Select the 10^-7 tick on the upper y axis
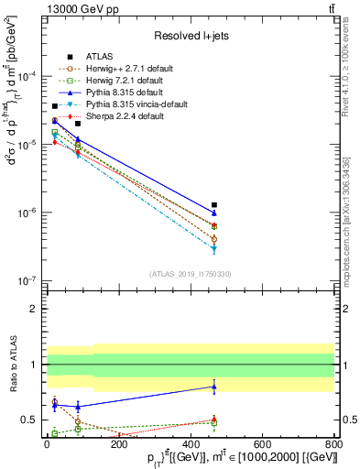pyautogui.click(x=28, y=281)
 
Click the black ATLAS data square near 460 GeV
pyautogui.click(x=213, y=205)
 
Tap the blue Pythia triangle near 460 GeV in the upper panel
pyautogui.click(x=213, y=213)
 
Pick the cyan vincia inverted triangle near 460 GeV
pyautogui.click(x=213, y=249)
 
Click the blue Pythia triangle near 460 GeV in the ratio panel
pyautogui.click(x=213, y=387)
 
